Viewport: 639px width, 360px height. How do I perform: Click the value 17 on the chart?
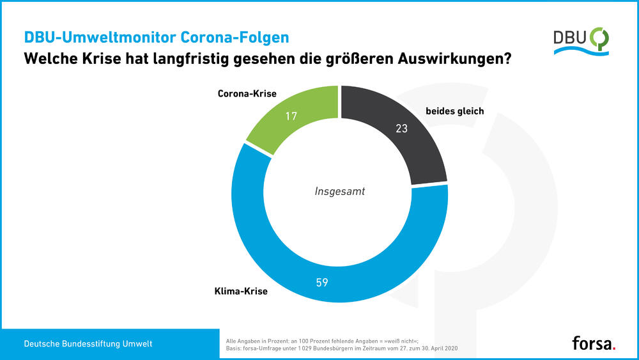(292, 116)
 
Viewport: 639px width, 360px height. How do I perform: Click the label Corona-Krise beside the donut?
(247, 93)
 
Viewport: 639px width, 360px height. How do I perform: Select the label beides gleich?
(454, 111)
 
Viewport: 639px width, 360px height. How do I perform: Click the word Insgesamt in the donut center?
(339, 191)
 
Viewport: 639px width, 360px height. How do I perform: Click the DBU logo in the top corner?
(581, 42)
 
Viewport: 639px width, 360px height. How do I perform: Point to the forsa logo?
(592, 343)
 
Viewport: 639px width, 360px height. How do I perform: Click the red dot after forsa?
(615, 348)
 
